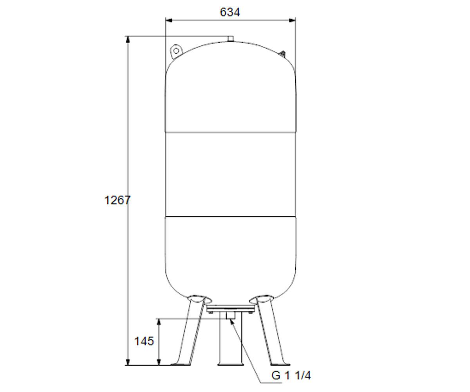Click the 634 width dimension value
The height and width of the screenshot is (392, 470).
tap(230, 12)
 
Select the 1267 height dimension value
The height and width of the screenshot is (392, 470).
tap(117, 200)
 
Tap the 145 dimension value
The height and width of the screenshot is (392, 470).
tap(144, 341)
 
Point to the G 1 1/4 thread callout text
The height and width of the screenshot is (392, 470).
tap(291, 376)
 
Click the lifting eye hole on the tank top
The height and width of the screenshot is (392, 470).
tap(176, 51)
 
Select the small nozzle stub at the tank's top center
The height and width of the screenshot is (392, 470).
tap(231, 39)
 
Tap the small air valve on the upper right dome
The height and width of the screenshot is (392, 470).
tap(282, 54)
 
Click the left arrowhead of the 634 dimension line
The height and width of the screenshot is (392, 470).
tap(169, 20)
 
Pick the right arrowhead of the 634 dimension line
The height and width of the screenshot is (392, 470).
tap(292, 20)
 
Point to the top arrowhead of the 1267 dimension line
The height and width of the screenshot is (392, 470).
tap(128, 40)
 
